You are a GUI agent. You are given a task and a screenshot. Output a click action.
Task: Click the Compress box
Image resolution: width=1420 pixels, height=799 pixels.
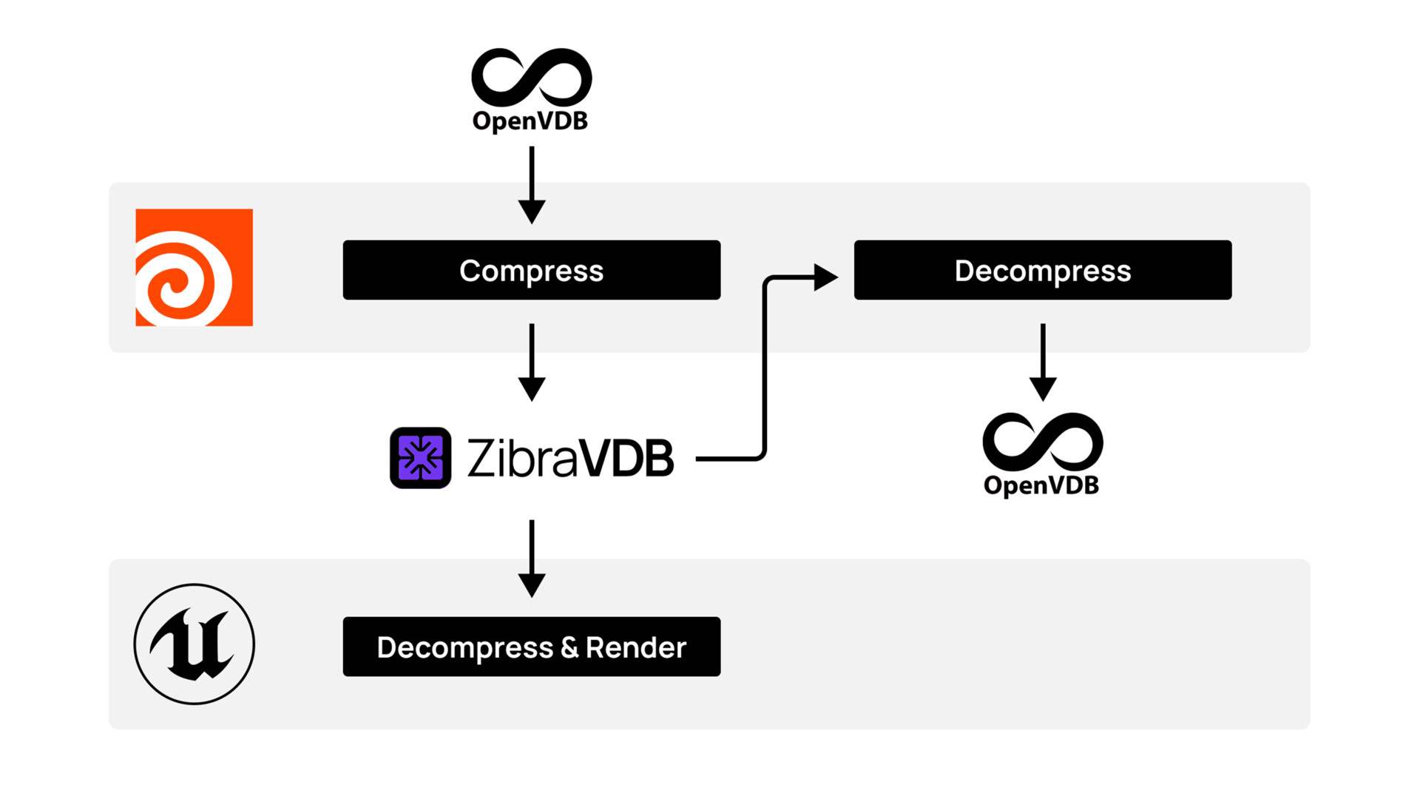tap(531, 270)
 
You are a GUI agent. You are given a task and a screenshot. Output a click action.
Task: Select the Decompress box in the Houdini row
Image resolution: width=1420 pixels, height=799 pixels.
tap(1042, 270)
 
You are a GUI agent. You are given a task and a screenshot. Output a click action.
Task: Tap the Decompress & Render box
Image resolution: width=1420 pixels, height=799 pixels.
tap(531, 647)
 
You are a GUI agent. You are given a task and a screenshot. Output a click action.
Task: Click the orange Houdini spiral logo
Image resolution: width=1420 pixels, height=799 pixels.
tap(194, 267)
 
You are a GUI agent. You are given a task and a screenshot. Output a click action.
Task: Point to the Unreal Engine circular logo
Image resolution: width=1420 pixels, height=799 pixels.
tap(194, 644)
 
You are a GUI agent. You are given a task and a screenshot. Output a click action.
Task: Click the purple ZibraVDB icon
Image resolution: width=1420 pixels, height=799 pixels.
tap(420, 458)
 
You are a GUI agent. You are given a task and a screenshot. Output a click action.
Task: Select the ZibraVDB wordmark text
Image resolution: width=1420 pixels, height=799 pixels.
tap(569, 458)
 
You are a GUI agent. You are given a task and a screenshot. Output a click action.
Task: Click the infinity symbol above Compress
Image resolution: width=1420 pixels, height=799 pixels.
tap(531, 78)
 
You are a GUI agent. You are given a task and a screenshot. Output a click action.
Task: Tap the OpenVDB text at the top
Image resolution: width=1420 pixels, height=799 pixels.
tap(530, 121)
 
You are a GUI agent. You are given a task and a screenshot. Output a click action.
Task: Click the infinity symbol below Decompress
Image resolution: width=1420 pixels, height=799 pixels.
tap(1042, 442)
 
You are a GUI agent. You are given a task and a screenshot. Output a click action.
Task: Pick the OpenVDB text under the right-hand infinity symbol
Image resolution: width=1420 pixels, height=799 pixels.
tap(1041, 485)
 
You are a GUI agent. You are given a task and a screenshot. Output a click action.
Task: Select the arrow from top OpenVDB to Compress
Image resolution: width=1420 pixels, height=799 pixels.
tap(531, 185)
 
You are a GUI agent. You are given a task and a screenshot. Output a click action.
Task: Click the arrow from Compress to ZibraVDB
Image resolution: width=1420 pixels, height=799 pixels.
tap(531, 363)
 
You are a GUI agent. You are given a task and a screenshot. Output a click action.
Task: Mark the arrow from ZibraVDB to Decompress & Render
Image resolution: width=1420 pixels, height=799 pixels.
tap(531, 559)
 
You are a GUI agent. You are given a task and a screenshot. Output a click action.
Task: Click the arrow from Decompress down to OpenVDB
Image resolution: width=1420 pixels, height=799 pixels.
tap(1042, 363)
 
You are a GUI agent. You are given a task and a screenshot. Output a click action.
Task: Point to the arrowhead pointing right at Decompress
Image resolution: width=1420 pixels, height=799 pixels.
tap(825, 277)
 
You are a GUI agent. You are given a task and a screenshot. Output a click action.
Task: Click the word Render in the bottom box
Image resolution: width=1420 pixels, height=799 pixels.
tap(635, 647)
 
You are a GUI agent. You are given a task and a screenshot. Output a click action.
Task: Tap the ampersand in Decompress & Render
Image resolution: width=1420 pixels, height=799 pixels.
tap(569, 647)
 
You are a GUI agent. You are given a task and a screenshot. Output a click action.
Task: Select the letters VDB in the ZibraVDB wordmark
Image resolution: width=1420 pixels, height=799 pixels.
tap(626, 458)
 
